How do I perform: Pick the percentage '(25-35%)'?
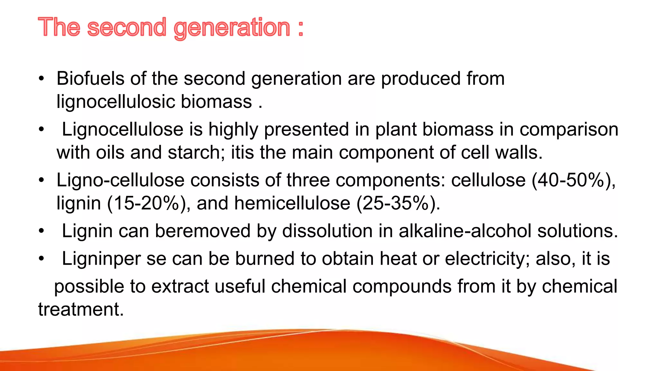pyautogui.click(x=398, y=204)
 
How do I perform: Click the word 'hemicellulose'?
pyautogui.click(x=292, y=204)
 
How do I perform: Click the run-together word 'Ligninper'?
pyautogui.click(x=101, y=259)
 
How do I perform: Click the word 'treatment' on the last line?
pyautogui.click(x=80, y=309)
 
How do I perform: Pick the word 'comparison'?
pyautogui.click(x=569, y=129)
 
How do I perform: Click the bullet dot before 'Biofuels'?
pyautogui.click(x=41, y=79)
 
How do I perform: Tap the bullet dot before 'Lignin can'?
pyautogui.click(x=41, y=231)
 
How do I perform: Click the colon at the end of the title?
pyautogui.click(x=301, y=28)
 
